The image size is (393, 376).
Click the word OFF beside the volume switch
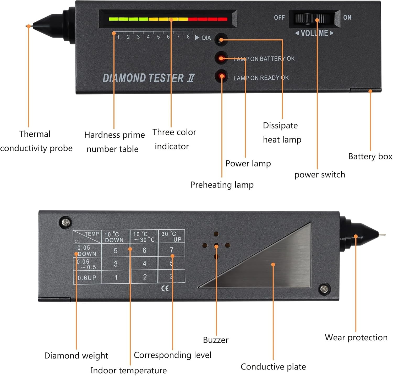pos(279,18)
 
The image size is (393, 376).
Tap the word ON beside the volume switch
pos(347,18)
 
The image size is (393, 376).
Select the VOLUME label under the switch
pos(314,33)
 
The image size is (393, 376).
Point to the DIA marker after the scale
pos(206,38)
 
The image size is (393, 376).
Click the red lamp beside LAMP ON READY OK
pos(222,76)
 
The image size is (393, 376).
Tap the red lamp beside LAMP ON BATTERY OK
pos(221,58)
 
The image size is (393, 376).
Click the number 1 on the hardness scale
pos(118,37)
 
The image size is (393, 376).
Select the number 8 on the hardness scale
pos(188,37)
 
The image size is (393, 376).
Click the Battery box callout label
pos(370,157)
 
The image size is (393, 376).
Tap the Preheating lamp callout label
pos(222,185)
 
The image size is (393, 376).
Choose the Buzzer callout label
pos(216,340)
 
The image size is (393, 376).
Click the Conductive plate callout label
pos(273,367)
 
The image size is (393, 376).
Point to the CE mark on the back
pos(165,289)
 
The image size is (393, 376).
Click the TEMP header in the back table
pos(92,234)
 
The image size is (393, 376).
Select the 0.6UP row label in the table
pos(87,278)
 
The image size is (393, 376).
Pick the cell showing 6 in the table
pos(144,250)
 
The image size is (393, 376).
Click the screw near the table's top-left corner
pos(66,223)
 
